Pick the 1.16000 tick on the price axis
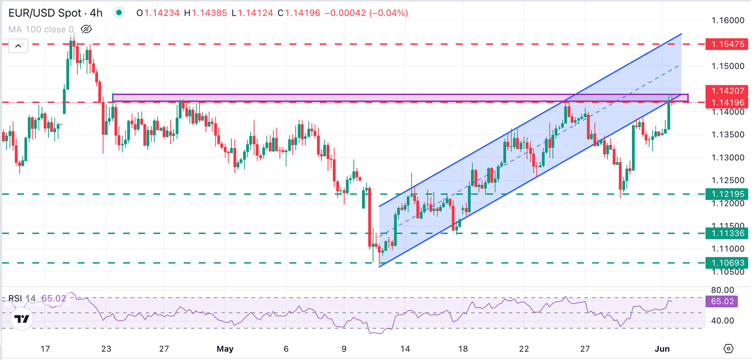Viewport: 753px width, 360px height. click(728, 21)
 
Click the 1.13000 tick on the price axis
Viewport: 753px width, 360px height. click(728, 157)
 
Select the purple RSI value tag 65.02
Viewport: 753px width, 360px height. click(722, 301)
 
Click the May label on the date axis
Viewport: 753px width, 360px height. click(225, 349)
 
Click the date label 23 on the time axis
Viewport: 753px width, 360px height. click(106, 349)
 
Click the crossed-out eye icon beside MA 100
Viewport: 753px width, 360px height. click(86, 29)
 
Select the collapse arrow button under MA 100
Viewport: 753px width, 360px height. click(18, 47)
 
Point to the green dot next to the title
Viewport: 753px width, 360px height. click(119, 13)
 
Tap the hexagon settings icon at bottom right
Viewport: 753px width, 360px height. click(728, 349)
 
